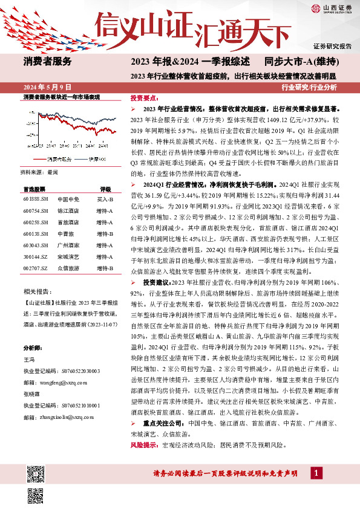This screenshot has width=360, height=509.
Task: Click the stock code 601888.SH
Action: [34, 199]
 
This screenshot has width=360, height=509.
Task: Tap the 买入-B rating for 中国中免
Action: [106, 199]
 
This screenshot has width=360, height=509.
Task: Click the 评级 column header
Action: [106, 189]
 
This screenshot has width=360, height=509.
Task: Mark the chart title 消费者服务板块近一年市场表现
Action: [61, 97]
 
